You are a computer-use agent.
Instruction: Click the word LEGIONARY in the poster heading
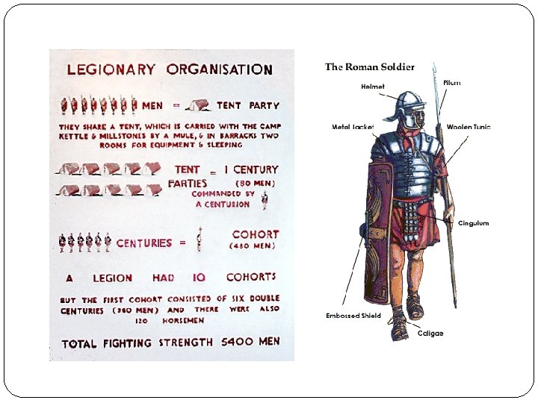pyautogui.click(x=111, y=70)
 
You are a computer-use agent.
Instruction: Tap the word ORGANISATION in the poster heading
pyautogui.click(x=220, y=70)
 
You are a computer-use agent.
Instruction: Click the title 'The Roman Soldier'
pyautogui.click(x=369, y=66)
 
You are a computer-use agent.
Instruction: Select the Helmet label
pyautogui.click(x=372, y=87)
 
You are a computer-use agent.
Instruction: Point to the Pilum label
pyautogui.click(x=451, y=83)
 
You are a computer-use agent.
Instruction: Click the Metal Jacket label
pyautogui.click(x=353, y=127)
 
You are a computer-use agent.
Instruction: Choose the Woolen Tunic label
pyautogui.click(x=469, y=127)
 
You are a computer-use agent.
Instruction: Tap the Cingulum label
pyautogui.click(x=473, y=223)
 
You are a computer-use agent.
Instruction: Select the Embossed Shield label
pyautogui.click(x=353, y=316)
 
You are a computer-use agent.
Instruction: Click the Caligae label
pyautogui.click(x=430, y=334)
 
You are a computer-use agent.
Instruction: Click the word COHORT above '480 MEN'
pyautogui.click(x=256, y=234)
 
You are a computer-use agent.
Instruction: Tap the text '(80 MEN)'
pyautogui.click(x=255, y=183)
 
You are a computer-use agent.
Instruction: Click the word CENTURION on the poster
pyautogui.click(x=223, y=204)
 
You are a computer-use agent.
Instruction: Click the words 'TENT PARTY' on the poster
pyautogui.click(x=239, y=106)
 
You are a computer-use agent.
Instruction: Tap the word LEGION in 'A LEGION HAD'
pyautogui.click(x=113, y=278)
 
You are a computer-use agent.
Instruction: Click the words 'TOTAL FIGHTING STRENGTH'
pyautogui.click(x=139, y=343)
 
